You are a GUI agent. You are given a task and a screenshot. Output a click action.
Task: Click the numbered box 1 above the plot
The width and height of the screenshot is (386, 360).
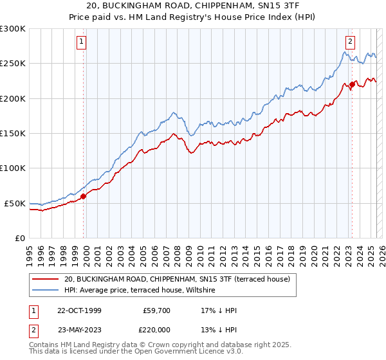[x=82, y=42]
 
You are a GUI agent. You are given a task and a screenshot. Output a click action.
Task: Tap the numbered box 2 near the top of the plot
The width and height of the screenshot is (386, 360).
[x=350, y=42]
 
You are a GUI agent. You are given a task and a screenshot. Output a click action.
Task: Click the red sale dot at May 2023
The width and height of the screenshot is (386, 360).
[x=352, y=84]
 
